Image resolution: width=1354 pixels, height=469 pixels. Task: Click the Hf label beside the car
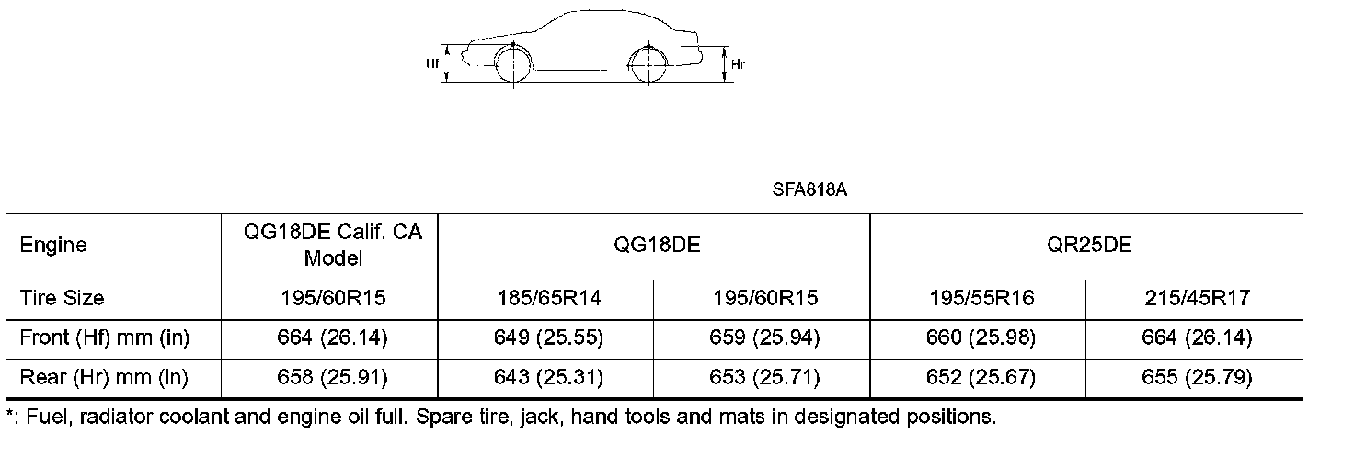[x=432, y=63]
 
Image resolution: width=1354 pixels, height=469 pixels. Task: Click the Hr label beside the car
[x=738, y=64]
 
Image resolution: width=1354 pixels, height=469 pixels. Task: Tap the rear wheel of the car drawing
[x=648, y=64]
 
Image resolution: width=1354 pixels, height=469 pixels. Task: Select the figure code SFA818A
[x=809, y=189]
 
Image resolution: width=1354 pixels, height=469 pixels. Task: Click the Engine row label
[x=53, y=246]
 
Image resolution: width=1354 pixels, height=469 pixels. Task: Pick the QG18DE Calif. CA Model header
[x=332, y=245]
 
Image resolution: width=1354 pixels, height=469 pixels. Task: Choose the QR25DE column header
[x=1089, y=245]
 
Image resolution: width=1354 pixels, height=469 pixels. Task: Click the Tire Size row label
[x=62, y=298]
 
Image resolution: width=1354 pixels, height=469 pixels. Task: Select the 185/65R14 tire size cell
[x=549, y=298]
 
